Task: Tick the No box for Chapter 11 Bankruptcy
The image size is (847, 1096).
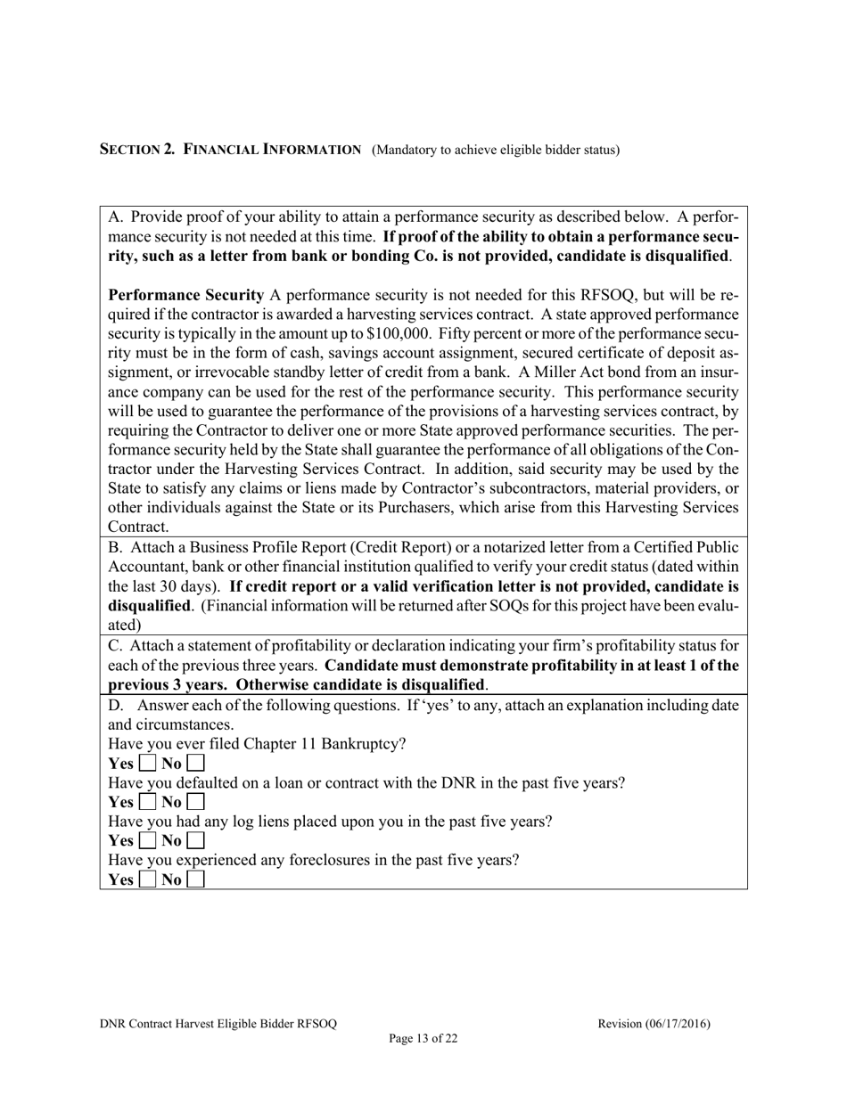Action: point(196,764)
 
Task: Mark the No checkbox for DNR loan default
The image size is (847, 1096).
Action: point(196,802)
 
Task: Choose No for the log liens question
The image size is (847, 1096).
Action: point(196,840)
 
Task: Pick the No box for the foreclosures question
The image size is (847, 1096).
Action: point(196,879)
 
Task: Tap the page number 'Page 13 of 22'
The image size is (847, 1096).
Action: point(423,1038)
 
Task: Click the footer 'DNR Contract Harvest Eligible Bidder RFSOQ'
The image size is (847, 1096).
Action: point(218,1024)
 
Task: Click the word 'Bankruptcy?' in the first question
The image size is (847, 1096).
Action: point(364,744)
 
